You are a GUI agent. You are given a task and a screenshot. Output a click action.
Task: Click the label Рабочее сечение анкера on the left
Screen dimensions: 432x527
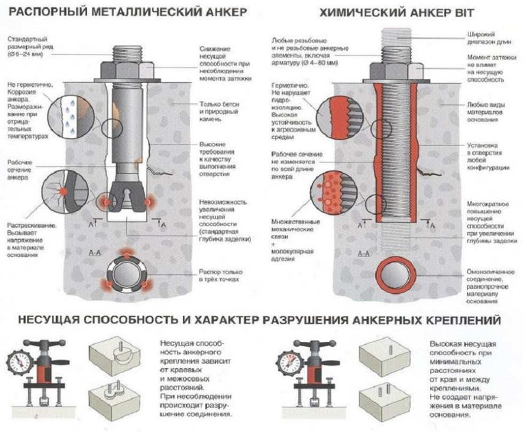coord(22,169)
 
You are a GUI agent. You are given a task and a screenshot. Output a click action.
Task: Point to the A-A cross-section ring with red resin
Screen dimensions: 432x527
coord(395,275)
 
